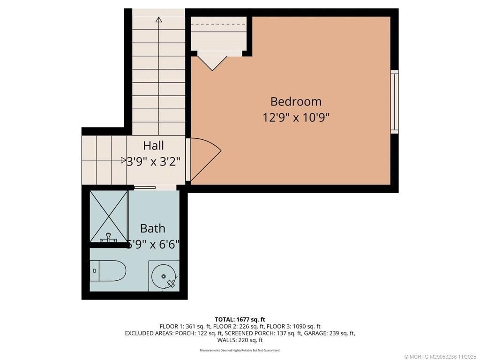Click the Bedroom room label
pyautogui.click(x=296, y=101)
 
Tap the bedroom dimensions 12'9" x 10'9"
pyautogui.click(x=296, y=117)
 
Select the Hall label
pyautogui.click(x=154, y=145)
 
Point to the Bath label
pyautogui.click(x=153, y=228)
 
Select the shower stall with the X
pyautogui.click(x=109, y=217)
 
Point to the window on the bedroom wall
pyautogui.click(x=395, y=102)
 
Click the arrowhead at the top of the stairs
pyautogui.click(x=158, y=20)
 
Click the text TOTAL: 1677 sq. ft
pyautogui.click(x=240, y=320)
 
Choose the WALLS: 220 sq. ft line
pyautogui.click(x=240, y=340)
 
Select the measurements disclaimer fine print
pyautogui.click(x=240, y=350)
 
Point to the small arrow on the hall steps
pyautogui.click(x=123, y=160)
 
